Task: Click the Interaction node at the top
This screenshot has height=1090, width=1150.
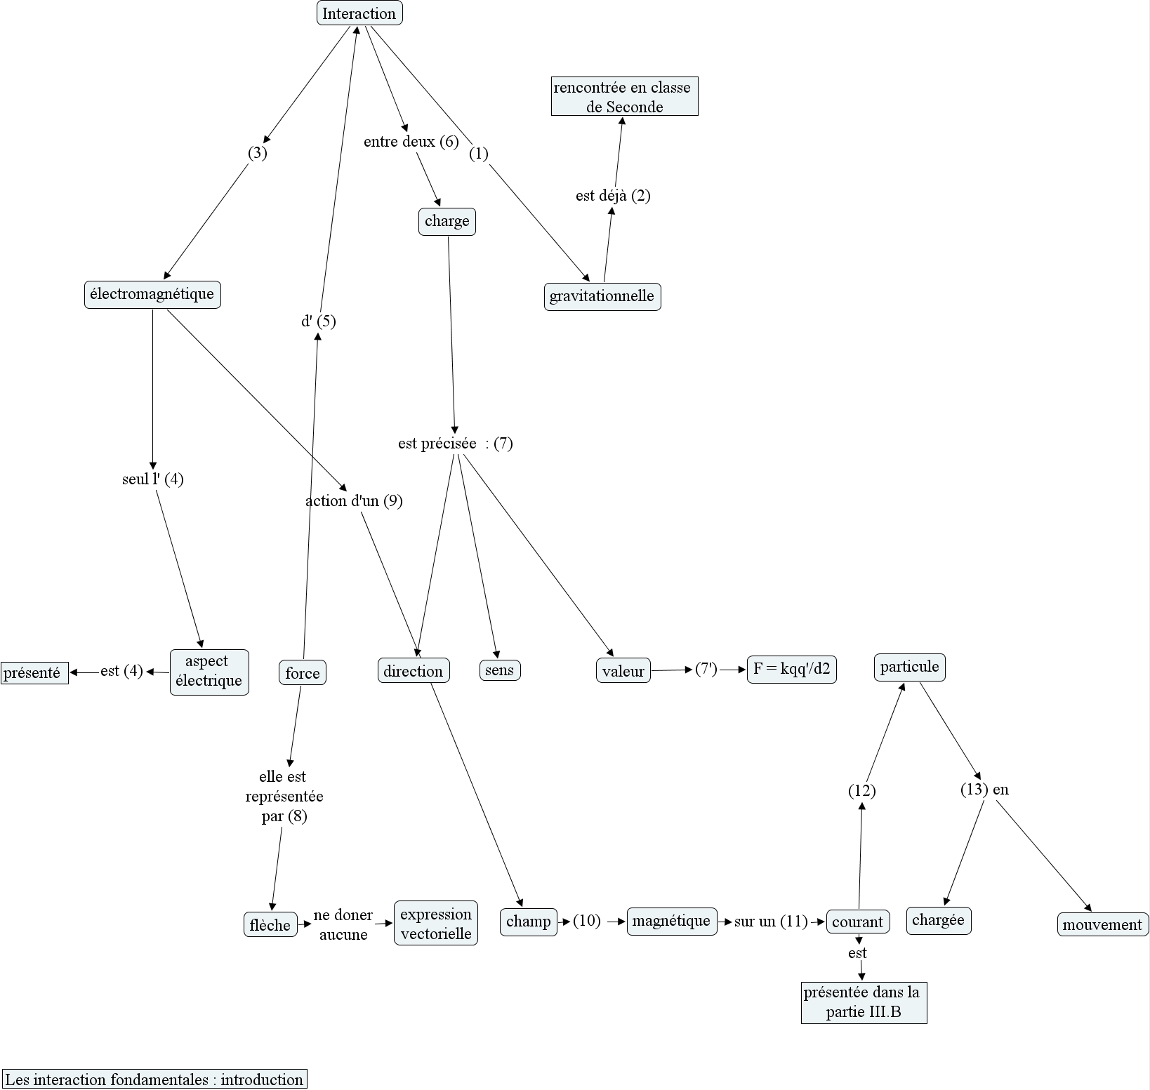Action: coord(359,13)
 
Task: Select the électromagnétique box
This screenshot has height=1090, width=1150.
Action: coord(152,294)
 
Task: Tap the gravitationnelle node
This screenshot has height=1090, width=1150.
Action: coord(602,296)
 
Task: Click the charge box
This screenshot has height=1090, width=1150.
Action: coord(447,222)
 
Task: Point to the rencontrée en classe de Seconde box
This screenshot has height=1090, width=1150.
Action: coord(623,97)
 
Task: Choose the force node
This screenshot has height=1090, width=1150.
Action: coord(302,673)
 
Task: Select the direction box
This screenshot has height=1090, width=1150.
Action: coord(413,671)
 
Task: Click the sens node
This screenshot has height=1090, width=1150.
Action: coord(499,670)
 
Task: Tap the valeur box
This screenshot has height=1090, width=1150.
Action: coord(623,671)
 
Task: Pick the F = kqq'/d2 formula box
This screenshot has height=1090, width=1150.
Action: coord(791,669)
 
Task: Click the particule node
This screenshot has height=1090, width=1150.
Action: coord(909,667)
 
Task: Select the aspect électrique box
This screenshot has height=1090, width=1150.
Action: coord(209,672)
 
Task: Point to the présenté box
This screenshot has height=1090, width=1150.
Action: coord(34,673)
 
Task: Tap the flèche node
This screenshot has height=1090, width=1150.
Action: coord(270,925)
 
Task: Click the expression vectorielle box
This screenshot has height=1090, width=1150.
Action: coord(435,923)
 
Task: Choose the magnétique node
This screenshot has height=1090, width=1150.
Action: coord(671,921)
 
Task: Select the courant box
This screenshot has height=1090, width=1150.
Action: coord(857,922)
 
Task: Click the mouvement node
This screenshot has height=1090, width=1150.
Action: coord(1102,924)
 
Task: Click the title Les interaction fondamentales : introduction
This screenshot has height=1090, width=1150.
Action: coord(154,1079)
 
